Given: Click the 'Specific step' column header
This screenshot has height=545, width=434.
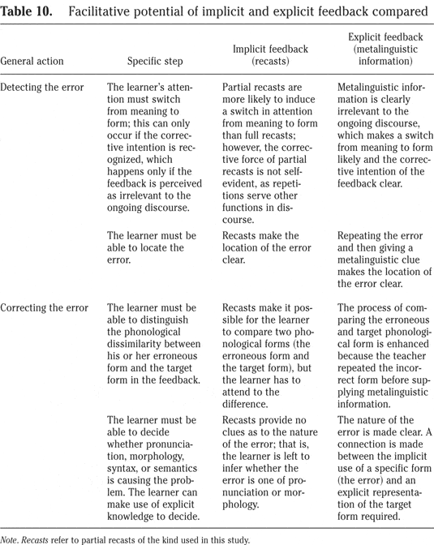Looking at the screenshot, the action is tap(154, 61).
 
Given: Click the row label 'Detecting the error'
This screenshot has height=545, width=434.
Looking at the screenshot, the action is tap(45, 86).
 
